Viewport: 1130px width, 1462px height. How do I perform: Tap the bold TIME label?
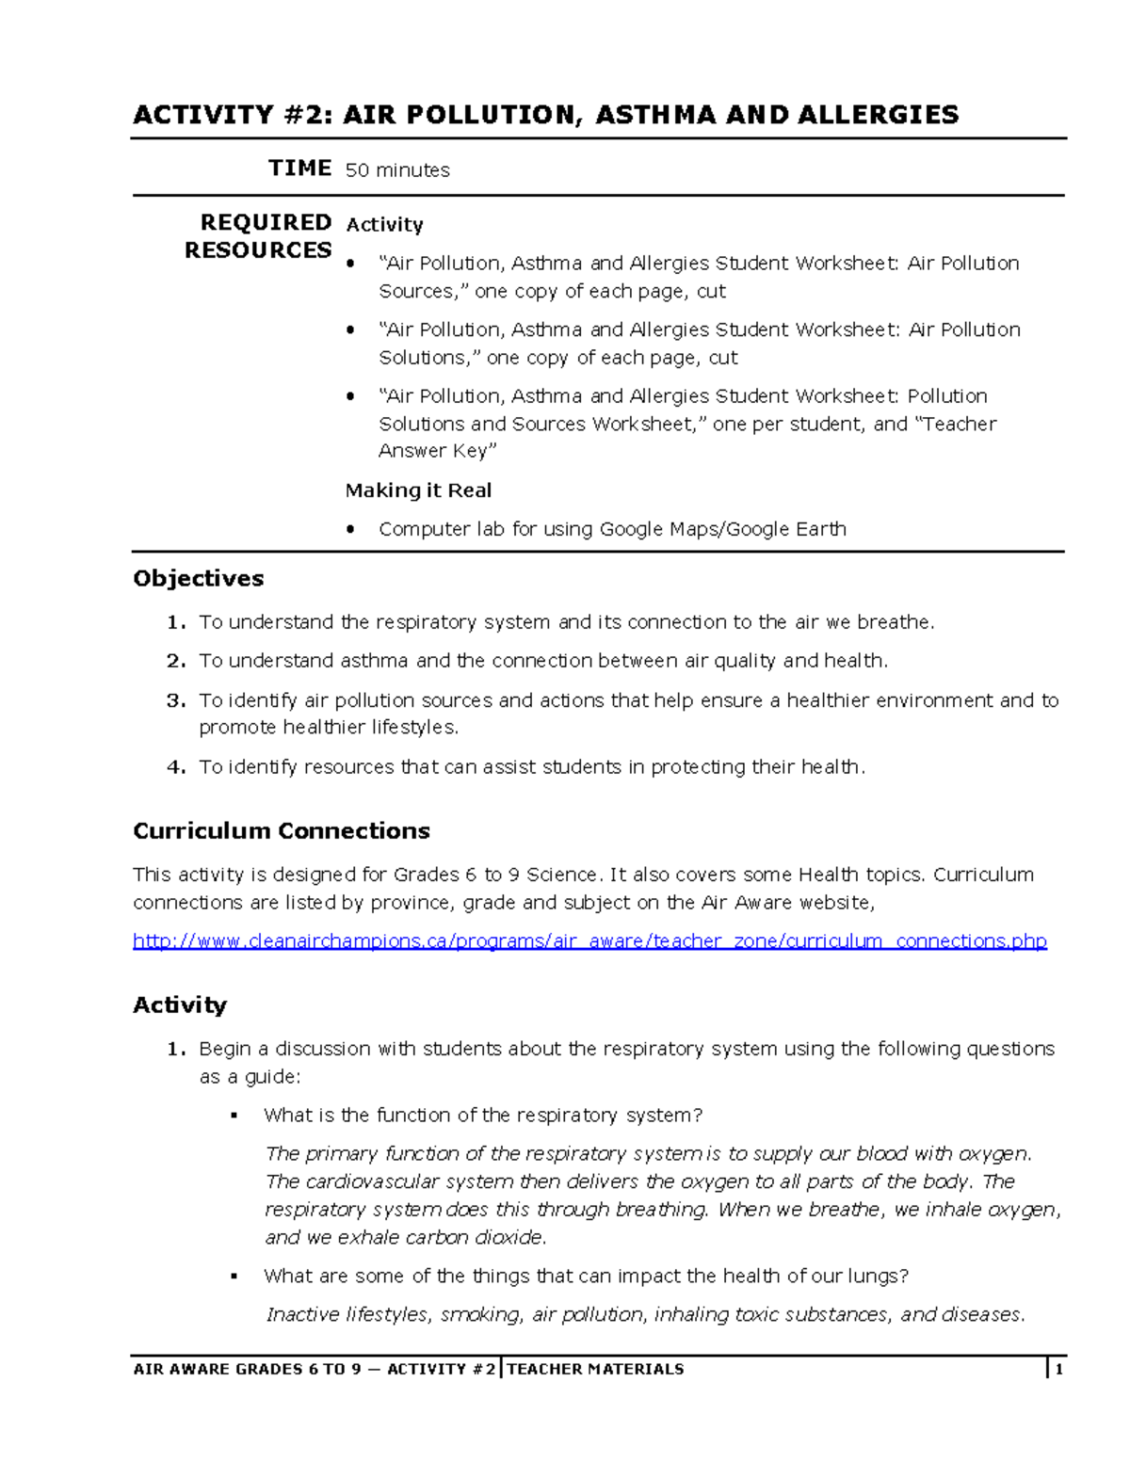click(x=299, y=169)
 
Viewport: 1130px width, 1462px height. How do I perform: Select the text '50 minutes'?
click(x=397, y=170)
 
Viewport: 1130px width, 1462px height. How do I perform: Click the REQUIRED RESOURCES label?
click(x=258, y=236)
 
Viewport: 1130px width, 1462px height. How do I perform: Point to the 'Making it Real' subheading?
click(x=418, y=490)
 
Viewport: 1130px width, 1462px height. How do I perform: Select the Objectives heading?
click(x=198, y=578)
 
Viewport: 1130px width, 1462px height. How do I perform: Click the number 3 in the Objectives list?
click(x=174, y=700)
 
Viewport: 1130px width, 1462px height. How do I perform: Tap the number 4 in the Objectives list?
click(x=174, y=767)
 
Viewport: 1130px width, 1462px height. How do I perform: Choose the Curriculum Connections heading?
click(x=281, y=830)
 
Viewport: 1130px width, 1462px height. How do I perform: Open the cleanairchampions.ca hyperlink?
click(x=589, y=941)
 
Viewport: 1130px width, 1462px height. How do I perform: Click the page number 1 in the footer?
click(x=1058, y=1370)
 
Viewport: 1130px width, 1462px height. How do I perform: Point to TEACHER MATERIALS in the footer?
click(x=595, y=1370)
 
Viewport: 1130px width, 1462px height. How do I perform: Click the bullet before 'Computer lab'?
click(x=351, y=530)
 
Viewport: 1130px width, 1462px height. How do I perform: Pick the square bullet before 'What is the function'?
click(x=234, y=1117)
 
